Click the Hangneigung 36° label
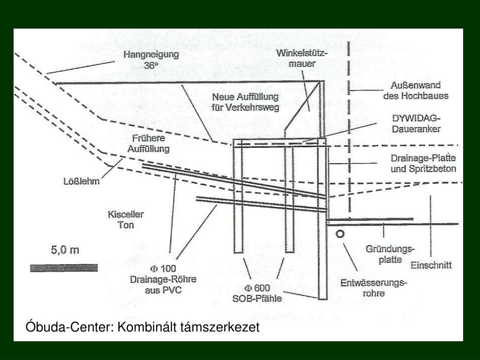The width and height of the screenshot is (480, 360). pos(151,60)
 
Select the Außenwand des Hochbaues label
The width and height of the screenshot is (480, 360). pos(416,91)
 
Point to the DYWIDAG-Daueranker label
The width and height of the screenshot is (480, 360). pos(416,122)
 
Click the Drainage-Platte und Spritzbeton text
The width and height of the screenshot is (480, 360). pos(423,164)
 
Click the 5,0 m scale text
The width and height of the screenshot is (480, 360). pos(65,250)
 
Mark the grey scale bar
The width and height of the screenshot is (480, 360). pos(64,268)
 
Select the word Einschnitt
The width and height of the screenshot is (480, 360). pos(431,265)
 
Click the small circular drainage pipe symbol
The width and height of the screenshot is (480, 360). pos(340,233)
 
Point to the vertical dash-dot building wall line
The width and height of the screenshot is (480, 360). pos(349,141)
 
